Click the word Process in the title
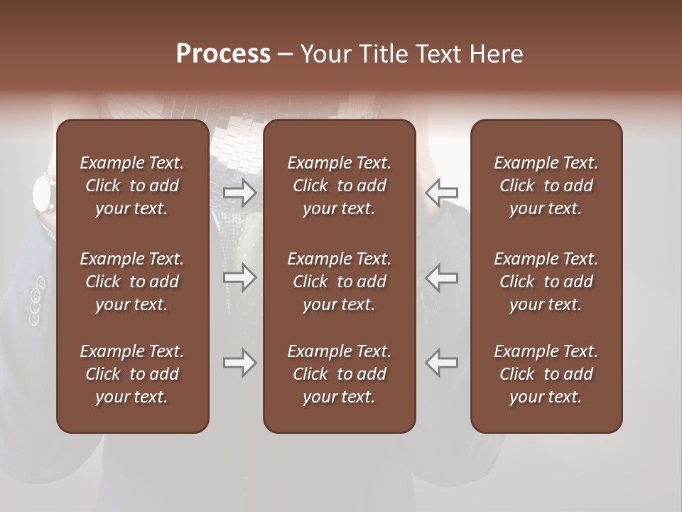223,54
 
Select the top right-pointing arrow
239,192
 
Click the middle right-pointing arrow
239,277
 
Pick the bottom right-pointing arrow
239,363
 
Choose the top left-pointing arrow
441,192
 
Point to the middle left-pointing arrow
441,277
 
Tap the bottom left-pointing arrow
441,363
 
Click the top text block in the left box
132,186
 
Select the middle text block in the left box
132,282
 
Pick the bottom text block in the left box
132,374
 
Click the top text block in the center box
339,186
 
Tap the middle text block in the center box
339,282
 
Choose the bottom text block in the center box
339,374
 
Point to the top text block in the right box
546,186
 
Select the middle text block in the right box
546,282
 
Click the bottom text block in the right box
546,374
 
